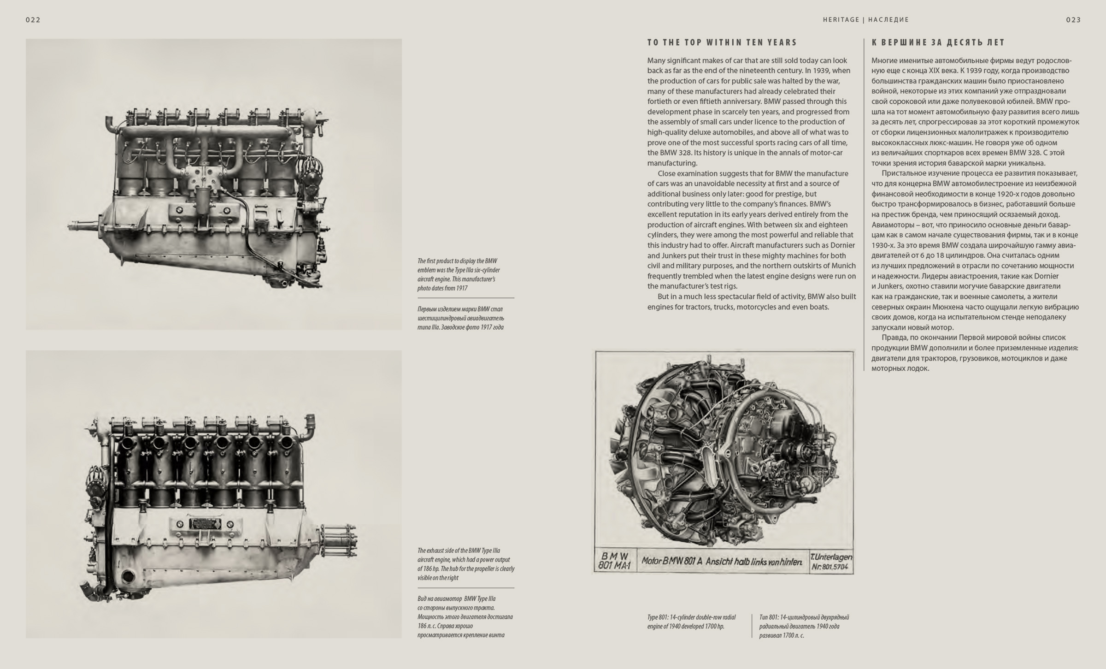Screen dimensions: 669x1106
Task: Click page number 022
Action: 33,20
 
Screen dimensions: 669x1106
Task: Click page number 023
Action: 1073,20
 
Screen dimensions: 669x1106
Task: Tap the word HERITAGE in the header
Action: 841,20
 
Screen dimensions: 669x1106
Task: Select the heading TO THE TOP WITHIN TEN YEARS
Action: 722,42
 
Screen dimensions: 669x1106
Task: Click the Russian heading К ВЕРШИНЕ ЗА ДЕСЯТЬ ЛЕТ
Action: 938,42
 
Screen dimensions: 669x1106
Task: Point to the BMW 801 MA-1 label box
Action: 614,561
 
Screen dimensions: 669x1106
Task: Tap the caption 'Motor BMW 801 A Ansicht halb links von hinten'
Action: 722,562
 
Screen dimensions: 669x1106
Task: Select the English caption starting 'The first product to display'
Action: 459,274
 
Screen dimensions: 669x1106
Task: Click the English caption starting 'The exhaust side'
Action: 465,564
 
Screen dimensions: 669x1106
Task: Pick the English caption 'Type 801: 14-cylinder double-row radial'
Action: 691,622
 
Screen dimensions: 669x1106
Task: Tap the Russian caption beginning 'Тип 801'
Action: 804,626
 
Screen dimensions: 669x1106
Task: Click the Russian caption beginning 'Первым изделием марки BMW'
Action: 461,318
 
